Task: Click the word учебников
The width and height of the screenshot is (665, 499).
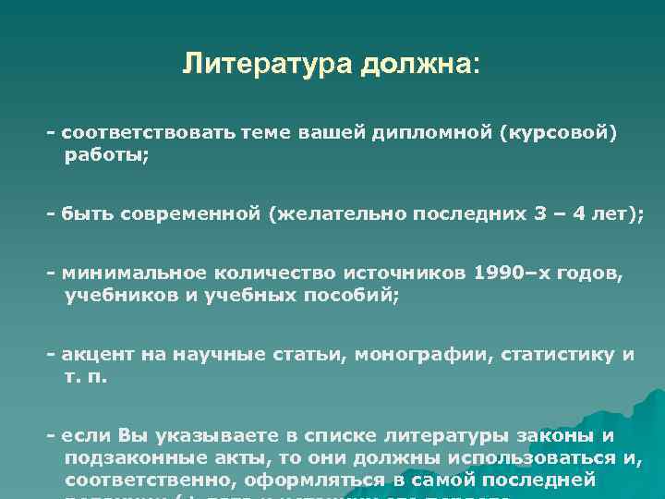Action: tap(116, 297)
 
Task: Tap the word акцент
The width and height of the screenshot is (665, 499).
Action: tap(93, 355)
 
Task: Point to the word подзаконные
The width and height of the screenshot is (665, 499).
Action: tap(127, 458)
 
